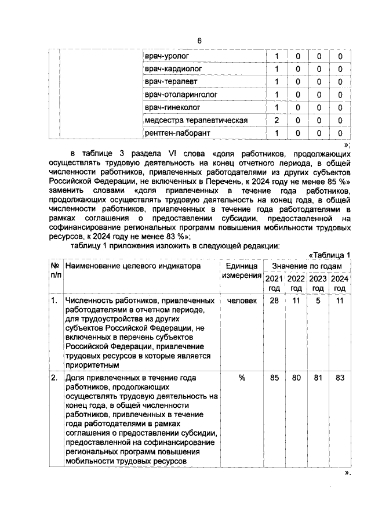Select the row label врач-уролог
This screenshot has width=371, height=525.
click(167, 56)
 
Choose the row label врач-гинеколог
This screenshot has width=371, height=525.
click(172, 107)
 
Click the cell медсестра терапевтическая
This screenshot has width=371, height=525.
click(196, 120)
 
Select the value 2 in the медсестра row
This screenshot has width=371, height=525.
click(277, 120)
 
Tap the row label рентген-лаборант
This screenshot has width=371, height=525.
click(177, 133)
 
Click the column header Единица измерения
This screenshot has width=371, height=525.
click(242, 271)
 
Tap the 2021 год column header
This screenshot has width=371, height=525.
click(274, 283)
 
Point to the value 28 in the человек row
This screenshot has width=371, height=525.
click(274, 301)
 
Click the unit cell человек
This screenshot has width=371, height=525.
click(242, 301)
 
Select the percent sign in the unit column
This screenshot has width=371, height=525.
click(242, 378)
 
